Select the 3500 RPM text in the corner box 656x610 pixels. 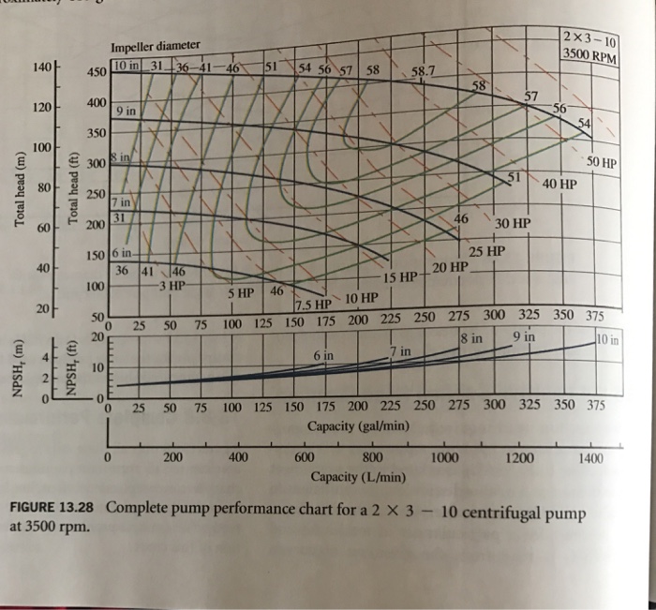point(591,53)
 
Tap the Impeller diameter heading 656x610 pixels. point(156,47)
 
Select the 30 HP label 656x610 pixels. point(512,224)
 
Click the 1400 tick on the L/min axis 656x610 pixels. point(590,458)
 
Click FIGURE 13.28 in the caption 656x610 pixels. point(54,509)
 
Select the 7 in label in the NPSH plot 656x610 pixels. point(399,350)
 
